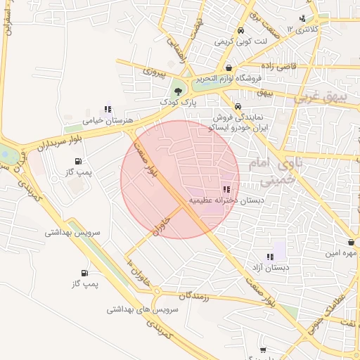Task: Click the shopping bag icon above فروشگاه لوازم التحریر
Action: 229,67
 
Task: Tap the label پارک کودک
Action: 176,103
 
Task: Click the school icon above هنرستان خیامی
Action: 108,109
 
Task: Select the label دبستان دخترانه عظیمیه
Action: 226,200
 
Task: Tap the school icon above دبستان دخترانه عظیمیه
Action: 226,189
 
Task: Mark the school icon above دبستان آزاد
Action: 270,257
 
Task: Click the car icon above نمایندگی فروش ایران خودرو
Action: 238,108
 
